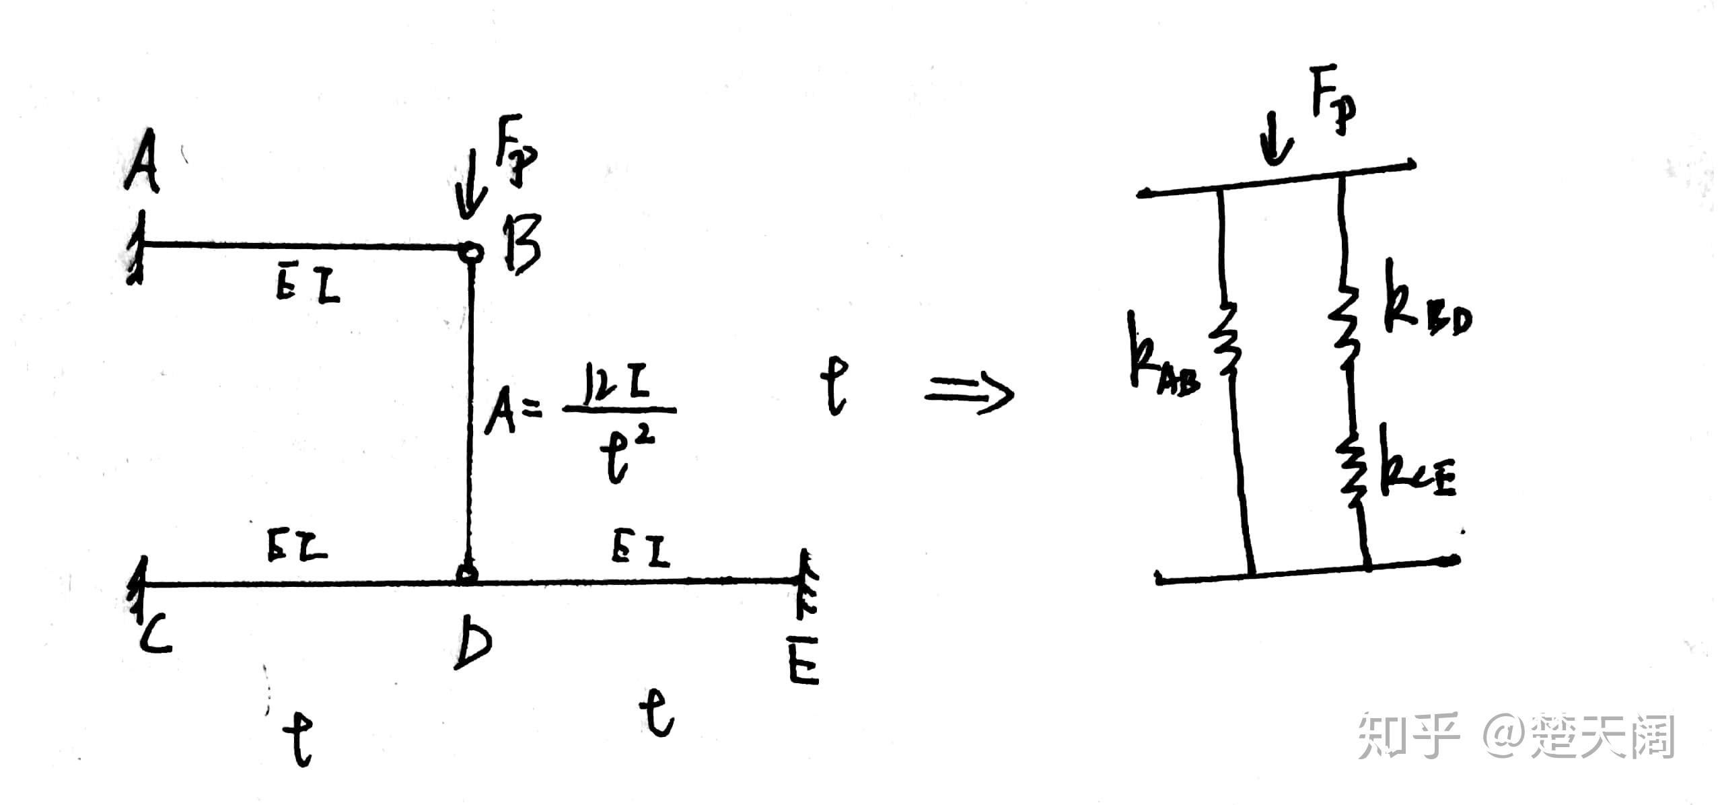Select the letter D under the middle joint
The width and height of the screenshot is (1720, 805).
(x=472, y=642)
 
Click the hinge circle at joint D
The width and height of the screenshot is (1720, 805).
(x=467, y=574)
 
